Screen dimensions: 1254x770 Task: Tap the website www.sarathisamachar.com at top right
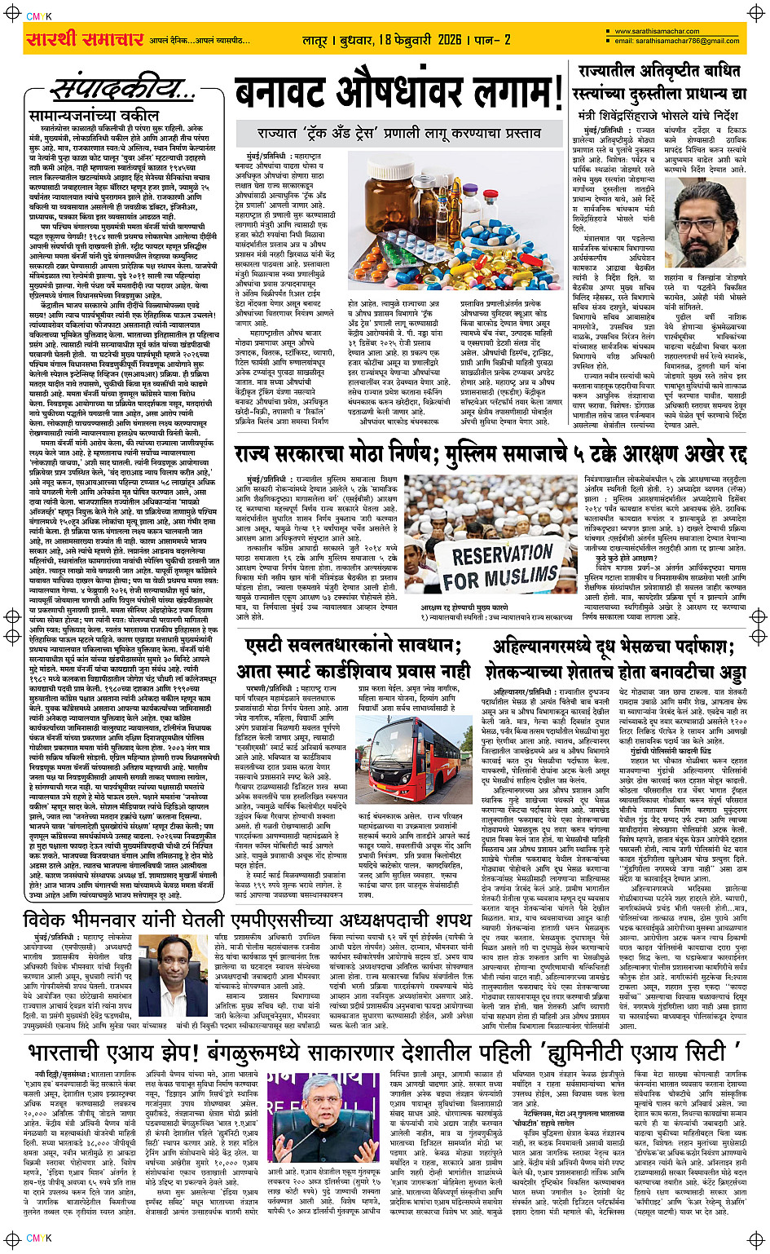(x=652, y=32)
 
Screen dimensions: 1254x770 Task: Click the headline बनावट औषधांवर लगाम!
(x=399, y=95)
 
